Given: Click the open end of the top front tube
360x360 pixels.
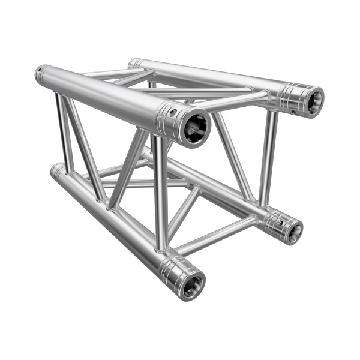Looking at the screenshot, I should click(x=196, y=127).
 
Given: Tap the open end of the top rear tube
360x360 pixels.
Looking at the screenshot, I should click(x=311, y=100).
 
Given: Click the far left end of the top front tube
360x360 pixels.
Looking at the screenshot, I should click(x=40, y=74).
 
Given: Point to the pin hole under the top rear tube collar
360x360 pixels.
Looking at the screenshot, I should click(x=293, y=112).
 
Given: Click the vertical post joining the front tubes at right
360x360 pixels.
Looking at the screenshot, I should click(x=160, y=192).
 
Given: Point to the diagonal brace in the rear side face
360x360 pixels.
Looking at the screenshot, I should click(x=231, y=153).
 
